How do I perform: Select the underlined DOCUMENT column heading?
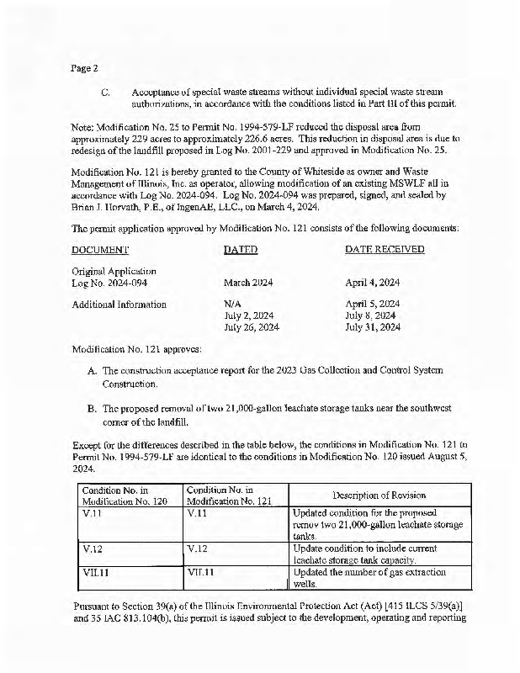pos(100,250)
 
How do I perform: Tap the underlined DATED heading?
pos(241,250)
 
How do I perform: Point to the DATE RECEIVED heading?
pos(385,250)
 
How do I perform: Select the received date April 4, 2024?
pos(373,284)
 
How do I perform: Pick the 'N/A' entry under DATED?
pos(233,304)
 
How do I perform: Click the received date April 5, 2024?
pos(373,304)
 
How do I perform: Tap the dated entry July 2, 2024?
pos(248,315)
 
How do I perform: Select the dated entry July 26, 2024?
pos(251,327)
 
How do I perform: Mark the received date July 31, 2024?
pos(373,327)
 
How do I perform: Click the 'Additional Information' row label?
pos(119,304)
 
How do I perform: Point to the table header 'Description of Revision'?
pos(379,495)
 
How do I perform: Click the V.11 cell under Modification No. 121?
pos(197,511)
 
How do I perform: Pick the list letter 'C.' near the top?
pos(106,91)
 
